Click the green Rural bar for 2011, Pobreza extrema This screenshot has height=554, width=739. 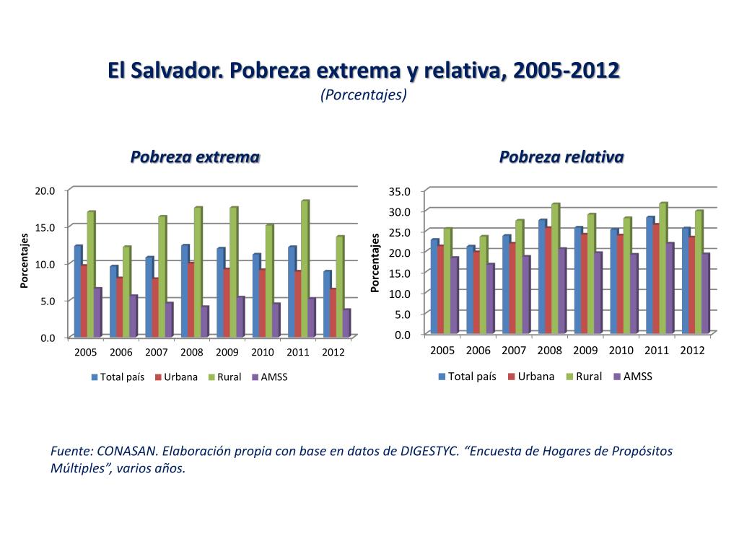[x=305, y=268]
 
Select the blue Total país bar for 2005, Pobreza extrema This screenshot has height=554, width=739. [x=77, y=291]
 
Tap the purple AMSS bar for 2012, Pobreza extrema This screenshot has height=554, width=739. [x=347, y=322]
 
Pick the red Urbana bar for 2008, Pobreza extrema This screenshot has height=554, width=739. [x=191, y=299]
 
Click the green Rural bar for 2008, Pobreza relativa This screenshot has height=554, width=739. [x=555, y=268]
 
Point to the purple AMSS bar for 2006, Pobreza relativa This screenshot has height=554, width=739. [x=490, y=298]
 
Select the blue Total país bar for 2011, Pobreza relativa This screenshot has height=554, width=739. [x=650, y=275]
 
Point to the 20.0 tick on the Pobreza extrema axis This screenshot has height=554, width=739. [x=45, y=190]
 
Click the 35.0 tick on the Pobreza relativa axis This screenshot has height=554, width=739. [x=399, y=191]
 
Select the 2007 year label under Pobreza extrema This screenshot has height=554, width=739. [x=156, y=353]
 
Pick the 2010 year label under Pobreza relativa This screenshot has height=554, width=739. [x=621, y=351]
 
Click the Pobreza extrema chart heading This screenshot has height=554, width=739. [x=195, y=157]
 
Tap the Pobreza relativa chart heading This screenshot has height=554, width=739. [x=561, y=157]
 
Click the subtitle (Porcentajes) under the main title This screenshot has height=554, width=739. [x=364, y=94]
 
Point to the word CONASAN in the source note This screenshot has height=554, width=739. [x=127, y=451]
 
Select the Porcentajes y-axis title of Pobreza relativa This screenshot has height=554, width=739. [x=375, y=263]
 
